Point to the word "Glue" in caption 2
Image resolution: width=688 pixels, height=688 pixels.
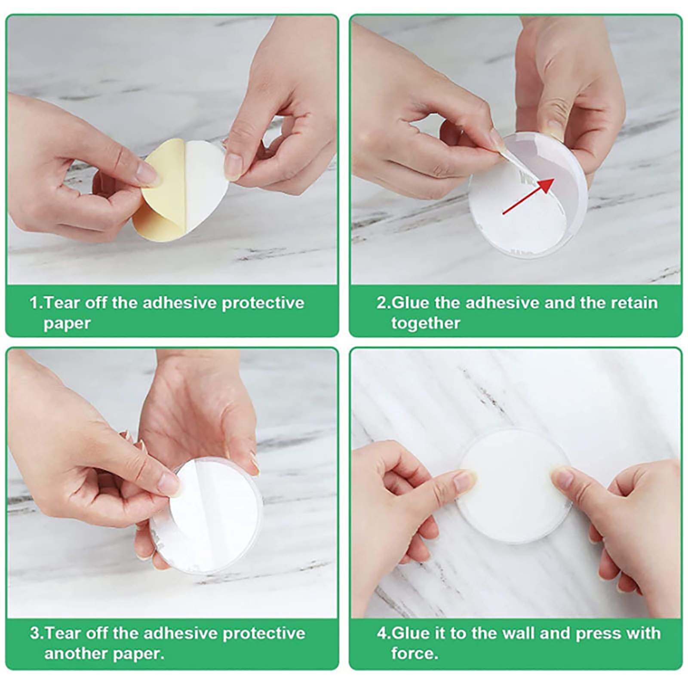(411, 303)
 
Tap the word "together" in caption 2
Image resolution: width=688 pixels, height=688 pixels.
(426, 323)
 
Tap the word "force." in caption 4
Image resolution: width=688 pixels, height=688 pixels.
(415, 654)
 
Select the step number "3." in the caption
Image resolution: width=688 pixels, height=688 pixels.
(37, 633)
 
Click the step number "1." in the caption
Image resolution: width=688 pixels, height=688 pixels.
(36, 303)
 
